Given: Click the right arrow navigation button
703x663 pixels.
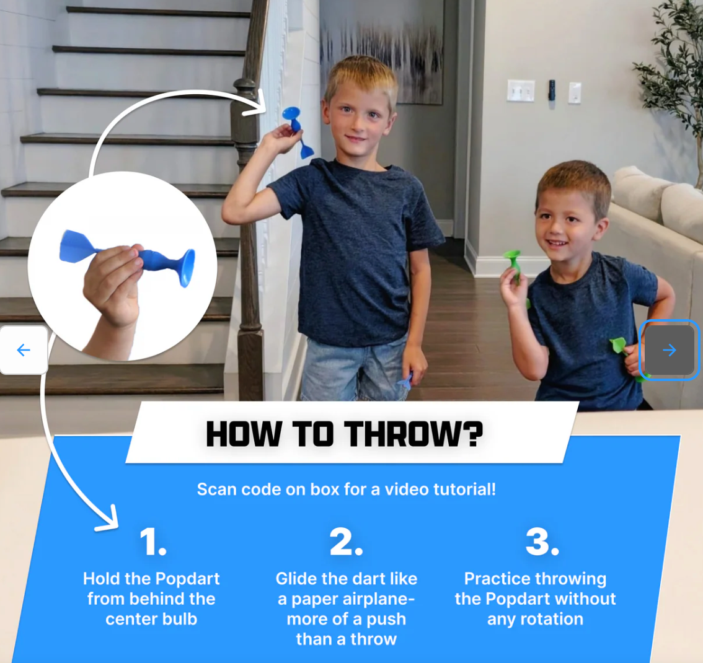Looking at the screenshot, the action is point(669,350).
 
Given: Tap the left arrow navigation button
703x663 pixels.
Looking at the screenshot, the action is point(24,350).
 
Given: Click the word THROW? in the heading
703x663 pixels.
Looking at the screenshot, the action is point(413,434).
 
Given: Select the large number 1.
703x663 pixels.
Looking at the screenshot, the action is point(153,542).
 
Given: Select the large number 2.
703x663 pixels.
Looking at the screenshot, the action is point(346,542).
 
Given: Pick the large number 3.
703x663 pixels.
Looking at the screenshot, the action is point(542,542).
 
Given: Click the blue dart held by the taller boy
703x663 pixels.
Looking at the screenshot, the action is point(298,132).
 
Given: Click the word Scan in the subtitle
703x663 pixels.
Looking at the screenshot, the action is point(217,489).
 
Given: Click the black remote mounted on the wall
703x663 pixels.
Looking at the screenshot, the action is point(552,90).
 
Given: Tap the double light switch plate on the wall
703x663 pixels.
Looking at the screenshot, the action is point(521,90).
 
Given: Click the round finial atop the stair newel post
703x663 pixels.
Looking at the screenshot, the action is point(245,85).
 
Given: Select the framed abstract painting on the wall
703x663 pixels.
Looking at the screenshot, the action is point(381,51).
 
